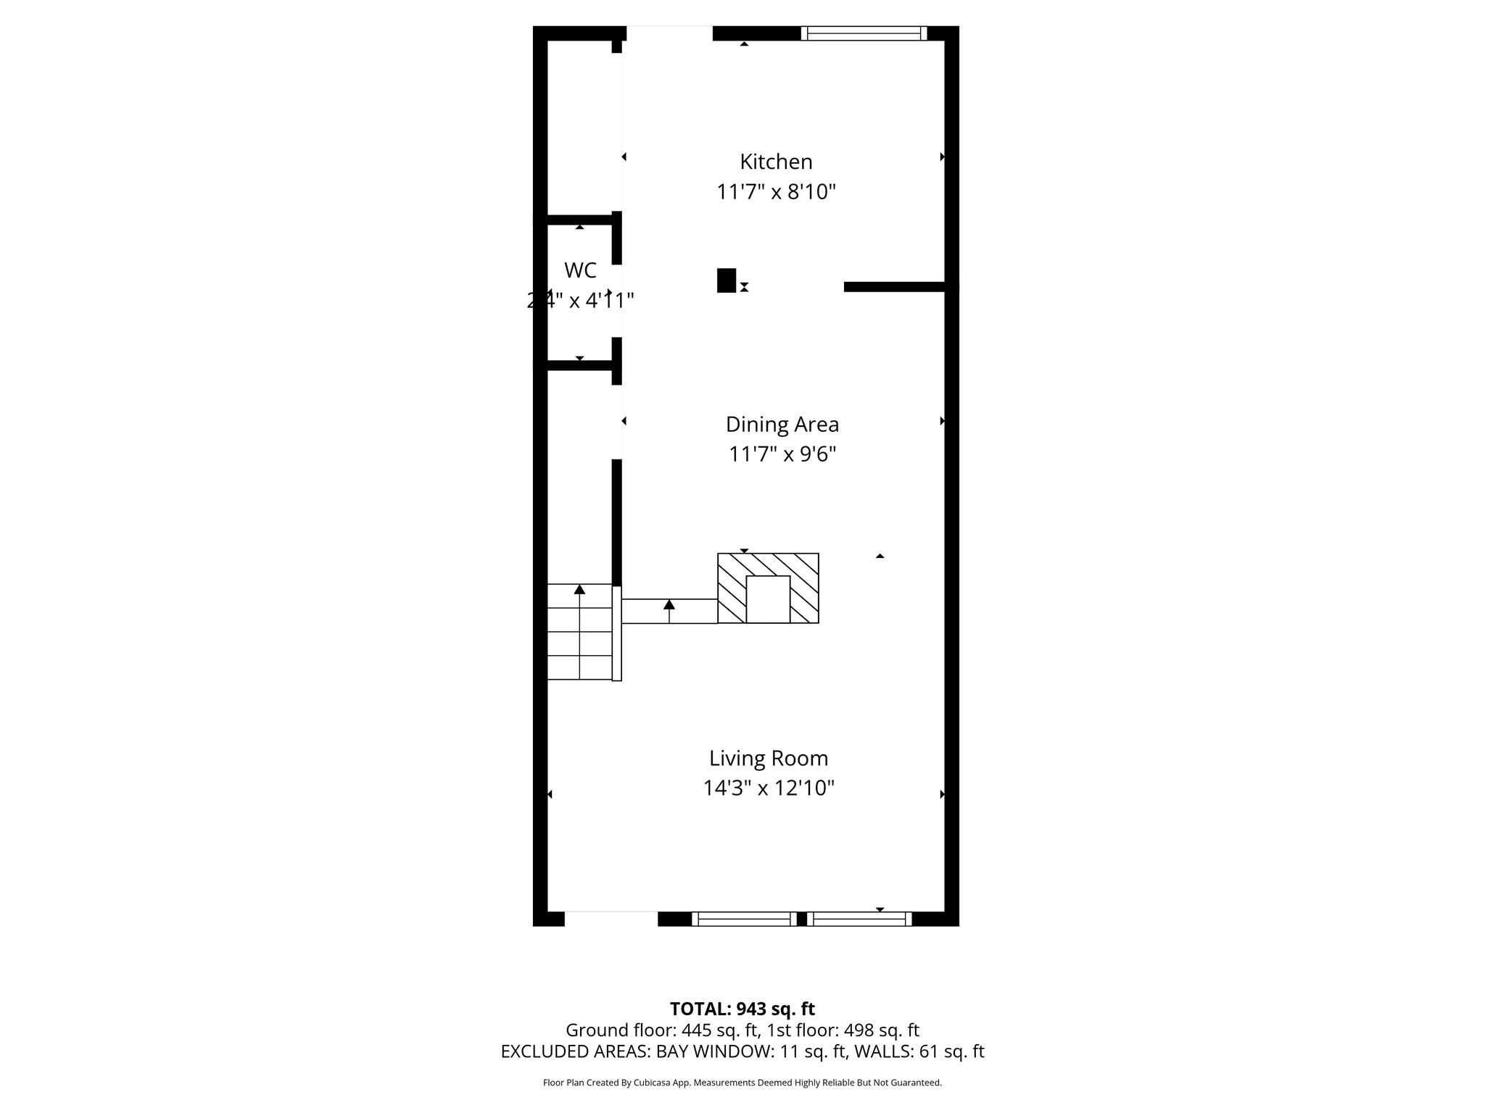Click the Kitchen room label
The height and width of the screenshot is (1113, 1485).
coord(775,162)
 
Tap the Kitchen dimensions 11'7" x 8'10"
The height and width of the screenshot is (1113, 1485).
coord(776,192)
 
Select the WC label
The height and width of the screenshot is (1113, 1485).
coord(580,270)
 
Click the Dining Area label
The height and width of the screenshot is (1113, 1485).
coord(782,425)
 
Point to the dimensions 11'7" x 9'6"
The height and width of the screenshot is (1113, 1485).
coord(782,454)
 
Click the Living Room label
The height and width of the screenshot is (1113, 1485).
coord(768,758)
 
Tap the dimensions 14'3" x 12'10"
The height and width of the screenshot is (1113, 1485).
coord(768,788)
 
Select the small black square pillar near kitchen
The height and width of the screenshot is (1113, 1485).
coord(726,280)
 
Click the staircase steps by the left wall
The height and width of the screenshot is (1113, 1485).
coord(579,632)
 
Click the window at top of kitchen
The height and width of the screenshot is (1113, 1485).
coord(864,33)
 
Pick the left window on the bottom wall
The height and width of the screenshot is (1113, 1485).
coord(744,919)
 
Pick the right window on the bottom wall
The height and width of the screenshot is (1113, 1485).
coord(859,919)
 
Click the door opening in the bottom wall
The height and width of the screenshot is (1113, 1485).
coord(611,918)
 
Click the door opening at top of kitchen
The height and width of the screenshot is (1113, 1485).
coord(669,33)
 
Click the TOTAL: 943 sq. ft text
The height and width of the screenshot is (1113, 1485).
coord(742,1009)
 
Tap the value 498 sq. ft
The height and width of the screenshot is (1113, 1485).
coord(881,1030)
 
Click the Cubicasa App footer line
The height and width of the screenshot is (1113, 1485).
coord(742,1083)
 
